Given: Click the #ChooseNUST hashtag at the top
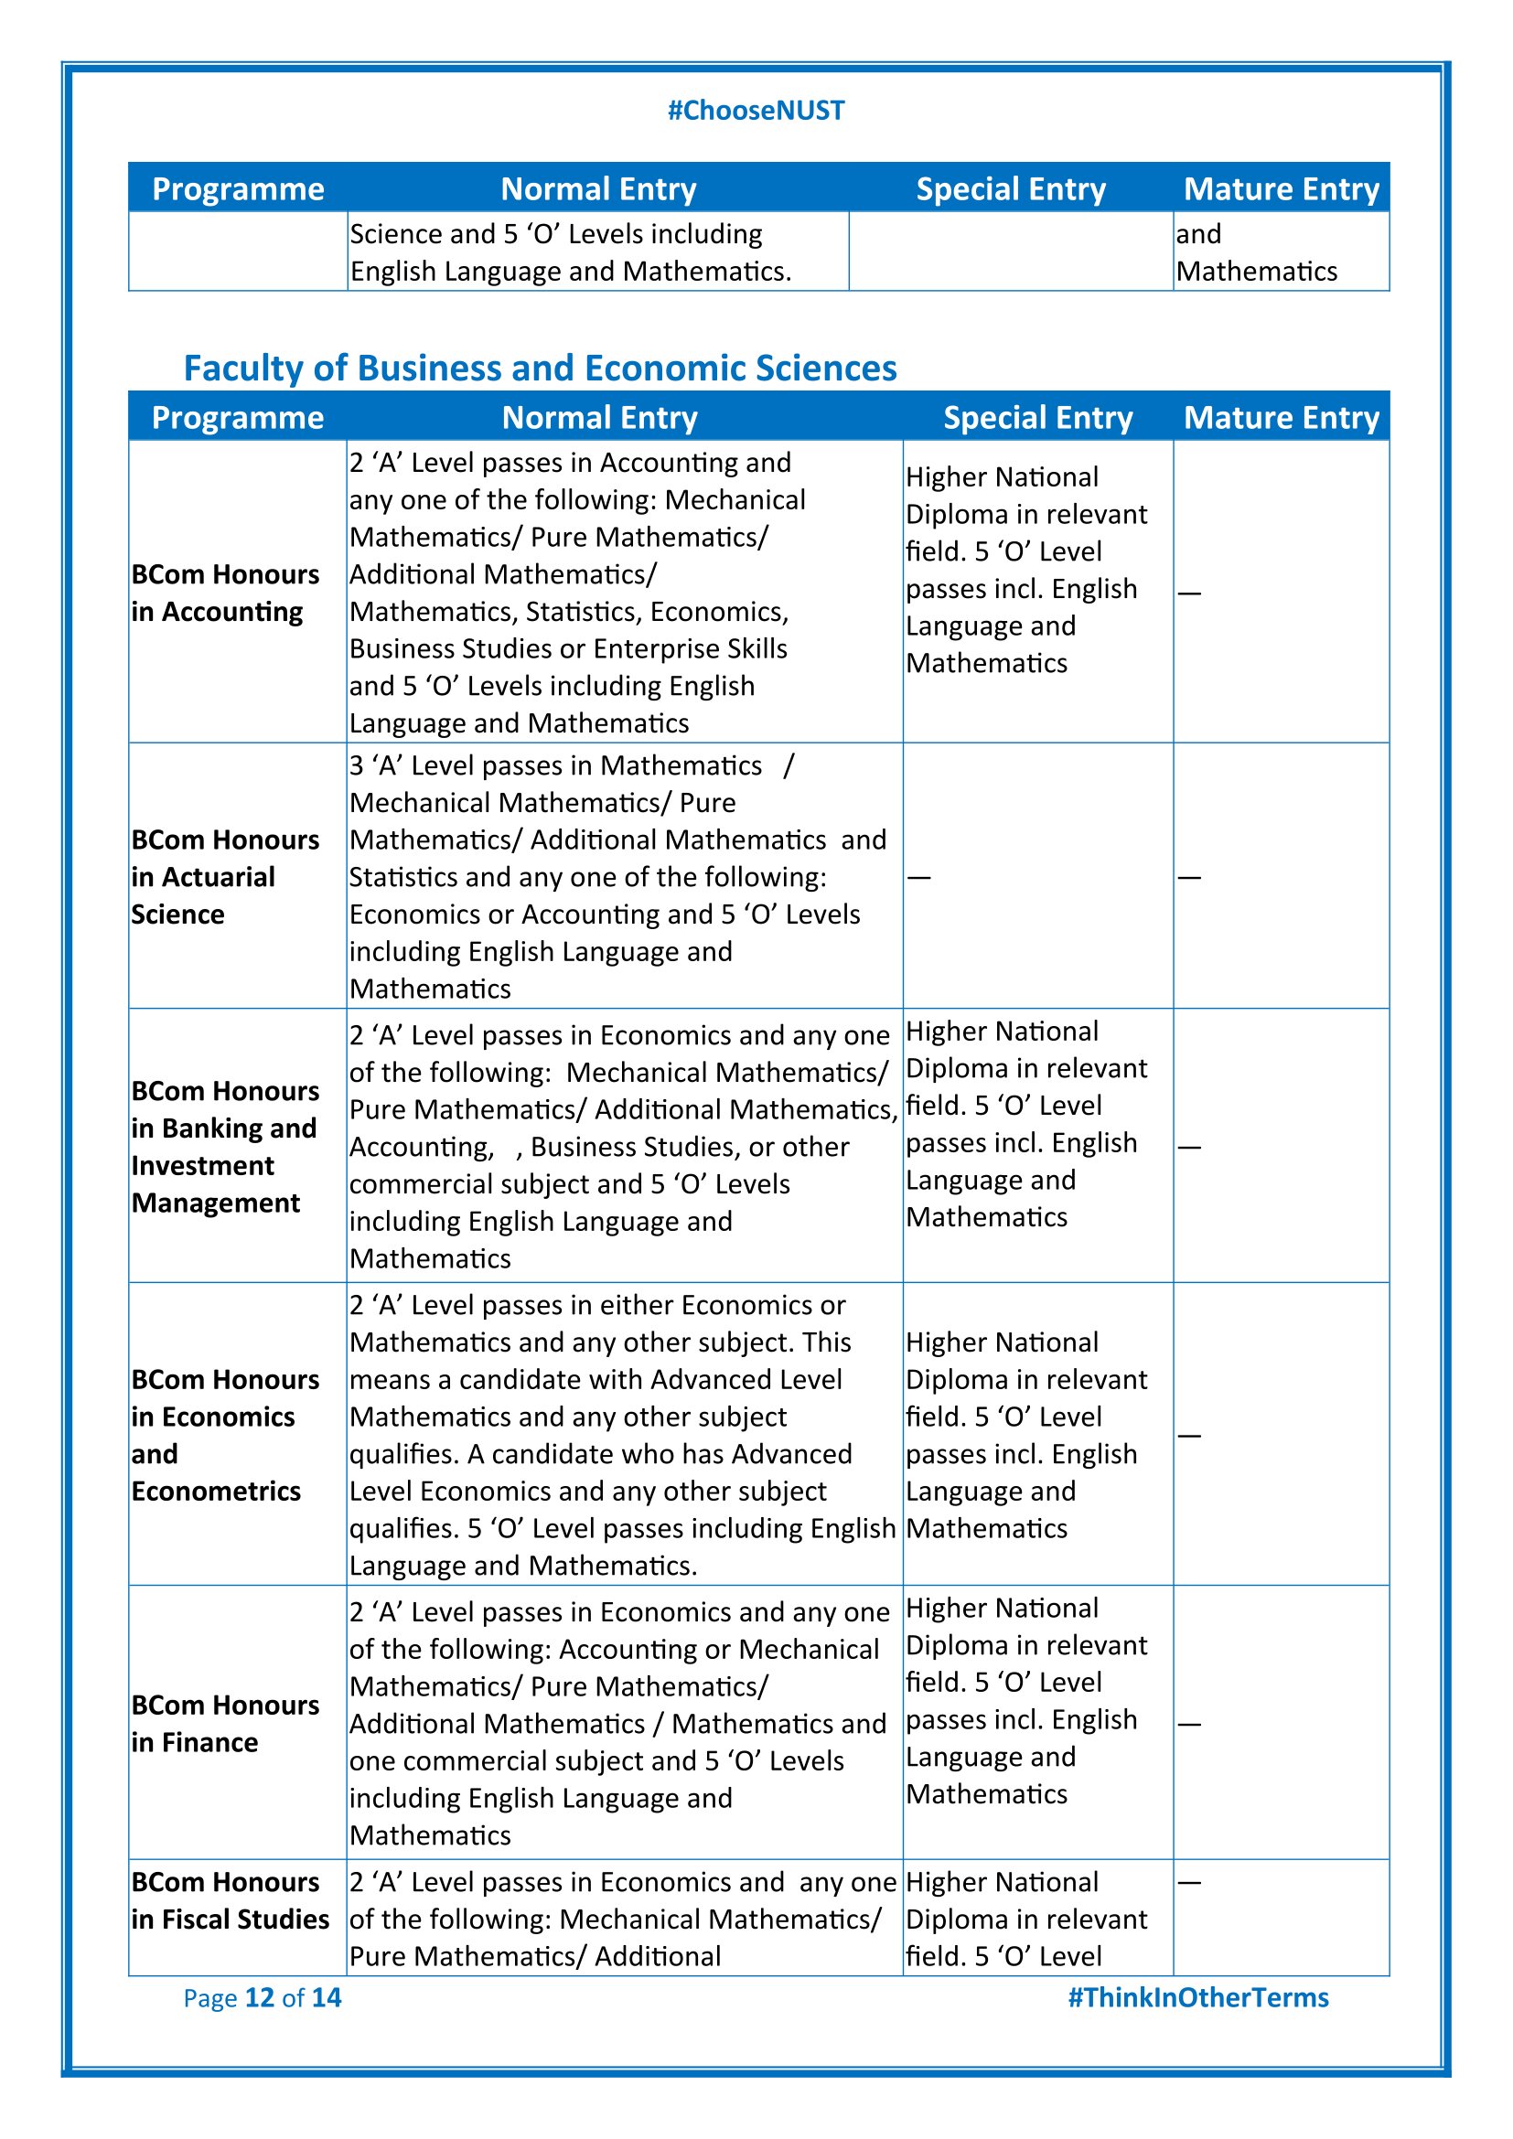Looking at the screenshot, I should click(756, 111).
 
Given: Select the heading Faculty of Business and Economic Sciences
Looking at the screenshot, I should click(540, 368).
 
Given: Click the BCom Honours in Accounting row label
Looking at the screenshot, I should click(224, 593).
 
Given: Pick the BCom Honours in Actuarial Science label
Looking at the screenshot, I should click(224, 877).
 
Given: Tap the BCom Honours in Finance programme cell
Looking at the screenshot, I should click(224, 1724).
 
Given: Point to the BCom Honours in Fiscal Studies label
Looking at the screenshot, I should click(231, 1900).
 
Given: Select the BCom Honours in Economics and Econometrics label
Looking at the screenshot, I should click(224, 1435).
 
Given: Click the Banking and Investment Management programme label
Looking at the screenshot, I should click(224, 1147).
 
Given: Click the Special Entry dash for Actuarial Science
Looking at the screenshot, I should click(918, 878).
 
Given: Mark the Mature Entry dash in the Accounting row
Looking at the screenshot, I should click(1189, 593).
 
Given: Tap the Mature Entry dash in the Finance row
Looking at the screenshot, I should click(1189, 1724).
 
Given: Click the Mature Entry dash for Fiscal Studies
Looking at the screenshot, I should click(1189, 1883).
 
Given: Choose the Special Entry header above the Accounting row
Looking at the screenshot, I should click(1038, 417).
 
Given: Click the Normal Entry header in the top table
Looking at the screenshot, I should click(598, 189).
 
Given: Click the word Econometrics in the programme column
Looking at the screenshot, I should click(216, 1492).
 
